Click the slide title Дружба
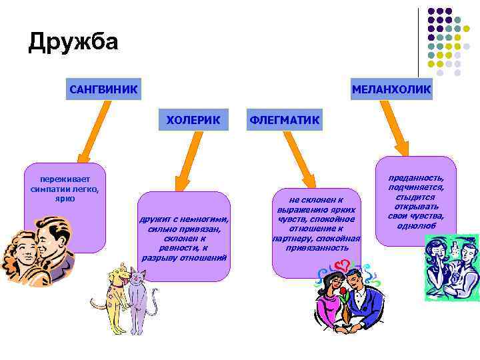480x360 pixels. pos(73,42)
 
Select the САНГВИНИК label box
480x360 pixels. pos(103,89)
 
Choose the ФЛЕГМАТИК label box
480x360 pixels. pos(284,121)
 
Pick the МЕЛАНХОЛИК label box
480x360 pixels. pos(391,89)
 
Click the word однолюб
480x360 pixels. pos(416,225)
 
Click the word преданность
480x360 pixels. pos(416,179)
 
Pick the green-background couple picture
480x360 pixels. pos(451,267)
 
